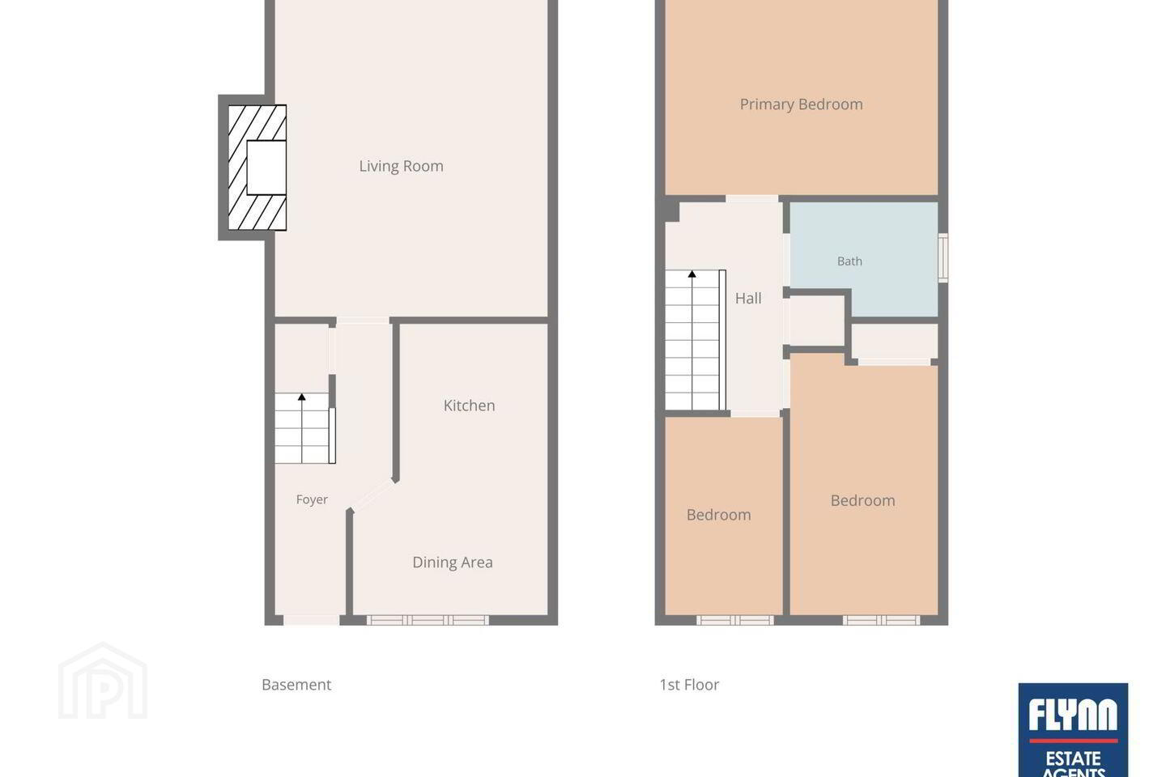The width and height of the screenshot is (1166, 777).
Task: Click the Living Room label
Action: (x=401, y=166)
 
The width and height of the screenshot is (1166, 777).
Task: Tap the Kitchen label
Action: (x=469, y=405)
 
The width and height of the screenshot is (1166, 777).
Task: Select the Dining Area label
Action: (x=453, y=562)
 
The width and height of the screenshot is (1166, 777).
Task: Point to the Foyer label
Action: (x=312, y=499)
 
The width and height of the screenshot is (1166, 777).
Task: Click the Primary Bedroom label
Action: (x=801, y=104)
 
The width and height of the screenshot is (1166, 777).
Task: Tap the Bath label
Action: (x=849, y=261)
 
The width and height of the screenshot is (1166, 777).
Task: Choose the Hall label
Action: (x=748, y=298)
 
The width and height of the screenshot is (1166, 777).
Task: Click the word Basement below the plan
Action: (x=296, y=685)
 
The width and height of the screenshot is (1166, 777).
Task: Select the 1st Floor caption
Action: (x=688, y=685)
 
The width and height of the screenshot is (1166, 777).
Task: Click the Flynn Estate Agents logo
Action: (x=1073, y=729)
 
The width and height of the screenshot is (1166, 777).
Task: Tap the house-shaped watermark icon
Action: (x=103, y=681)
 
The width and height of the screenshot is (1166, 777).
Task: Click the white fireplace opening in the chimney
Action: (x=266, y=168)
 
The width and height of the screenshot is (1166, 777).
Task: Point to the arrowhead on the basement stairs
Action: (x=301, y=397)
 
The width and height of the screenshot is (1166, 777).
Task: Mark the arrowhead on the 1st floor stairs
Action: (x=692, y=274)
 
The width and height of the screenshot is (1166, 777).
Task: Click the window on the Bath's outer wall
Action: (x=943, y=258)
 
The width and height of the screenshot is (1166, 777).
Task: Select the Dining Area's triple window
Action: (x=428, y=620)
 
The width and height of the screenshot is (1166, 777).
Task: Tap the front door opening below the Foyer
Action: (x=311, y=620)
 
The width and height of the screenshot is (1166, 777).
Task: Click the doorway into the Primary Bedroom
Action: (x=752, y=199)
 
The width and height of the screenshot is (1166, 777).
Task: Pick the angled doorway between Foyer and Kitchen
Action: (x=372, y=495)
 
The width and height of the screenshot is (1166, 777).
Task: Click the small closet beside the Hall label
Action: (x=817, y=321)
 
